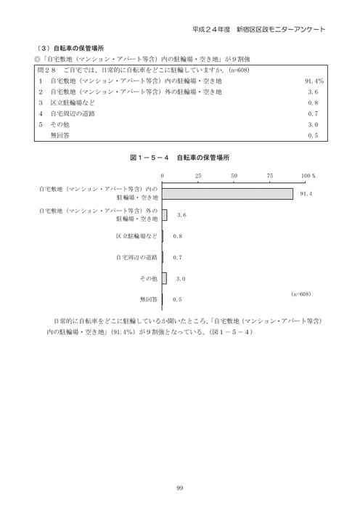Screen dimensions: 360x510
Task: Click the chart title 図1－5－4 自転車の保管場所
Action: [x=179, y=157]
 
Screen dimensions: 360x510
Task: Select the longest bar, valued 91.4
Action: [x=228, y=193]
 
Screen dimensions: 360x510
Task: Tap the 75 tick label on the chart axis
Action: [x=269, y=176]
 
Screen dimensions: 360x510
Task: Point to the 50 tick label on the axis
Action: [x=234, y=176]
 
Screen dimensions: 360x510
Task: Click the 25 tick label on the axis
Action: [x=198, y=176]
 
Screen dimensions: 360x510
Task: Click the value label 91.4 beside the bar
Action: [x=306, y=194]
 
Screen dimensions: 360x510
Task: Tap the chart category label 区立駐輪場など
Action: [x=136, y=236]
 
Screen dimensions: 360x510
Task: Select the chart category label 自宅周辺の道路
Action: [x=136, y=257]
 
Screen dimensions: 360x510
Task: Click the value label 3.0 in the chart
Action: [x=181, y=278]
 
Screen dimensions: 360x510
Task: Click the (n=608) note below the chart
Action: [x=300, y=293]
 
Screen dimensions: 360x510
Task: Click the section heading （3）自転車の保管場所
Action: [x=67, y=44]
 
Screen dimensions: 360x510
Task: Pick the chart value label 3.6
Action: [x=181, y=215]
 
